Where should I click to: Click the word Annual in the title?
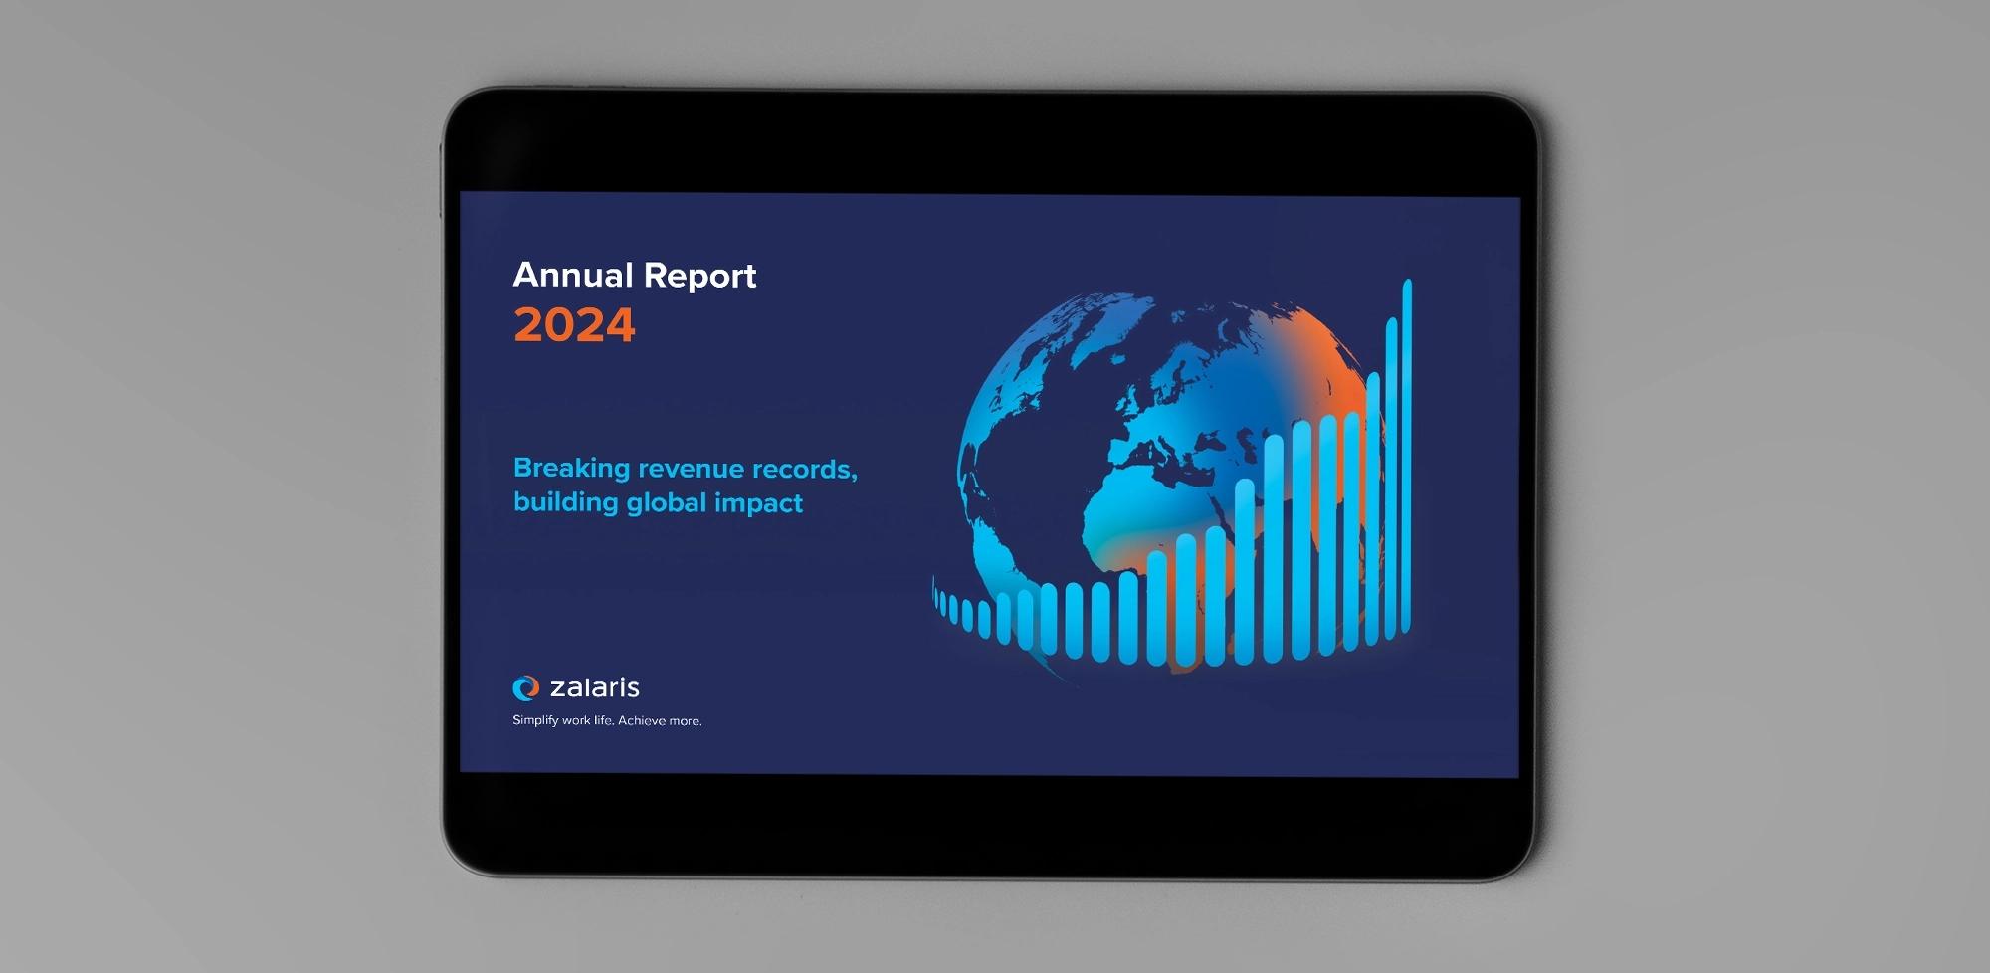pyautogui.click(x=573, y=275)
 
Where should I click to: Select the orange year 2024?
pyautogui.click(x=574, y=325)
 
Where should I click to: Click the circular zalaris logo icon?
pyautogui.click(x=525, y=687)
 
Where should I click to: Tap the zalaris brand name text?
pyautogui.click(x=595, y=687)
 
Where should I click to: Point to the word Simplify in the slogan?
pyautogui.click(x=535, y=720)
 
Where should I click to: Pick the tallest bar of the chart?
pyautogui.click(x=1407, y=456)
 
